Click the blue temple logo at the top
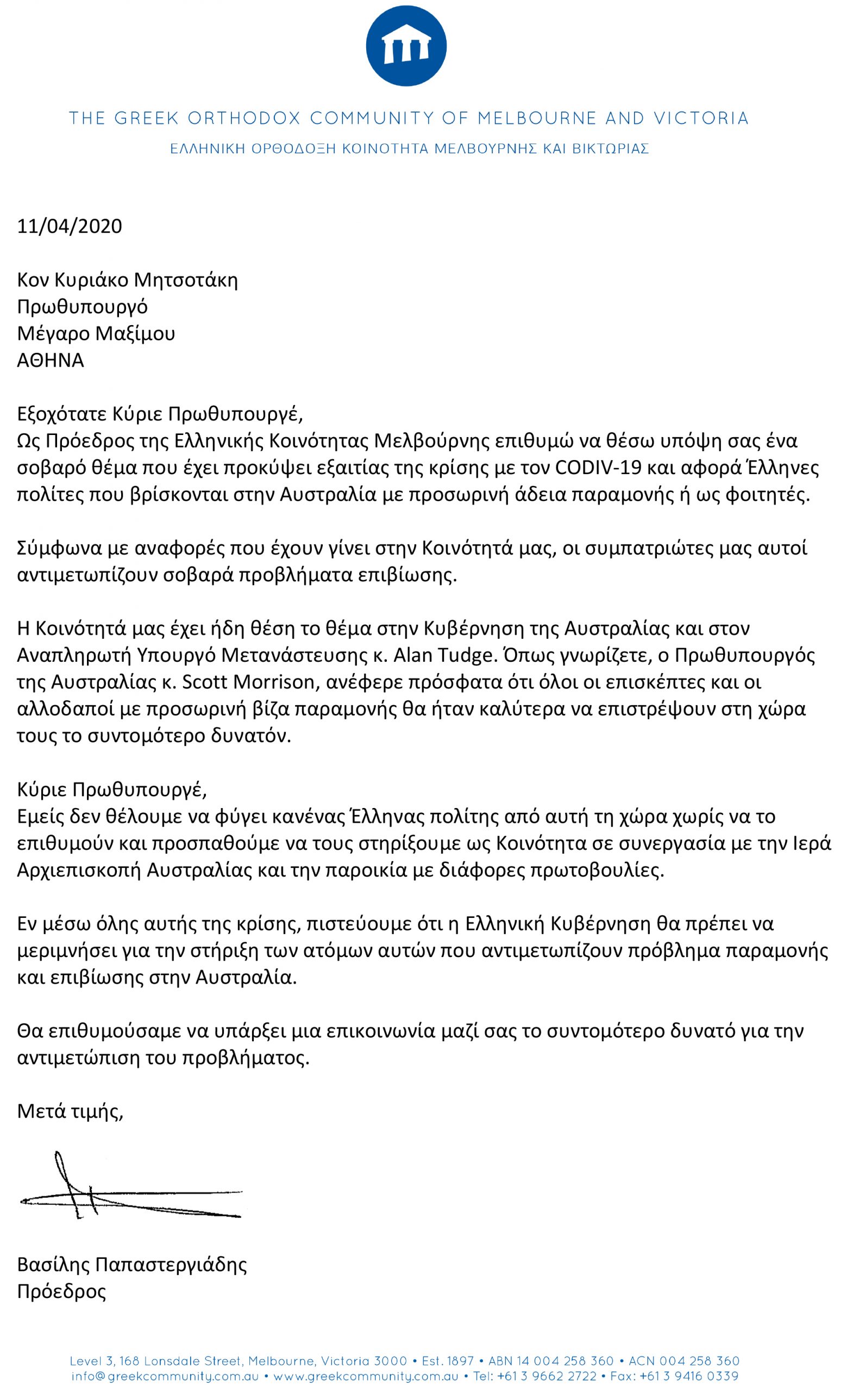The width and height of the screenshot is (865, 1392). click(x=406, y=46)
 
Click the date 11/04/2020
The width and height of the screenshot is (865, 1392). click(x=69, y=226)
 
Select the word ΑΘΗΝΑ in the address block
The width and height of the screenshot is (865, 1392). click(x=51, y=360)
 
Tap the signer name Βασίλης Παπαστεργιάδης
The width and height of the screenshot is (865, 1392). click(x=131, y=1264)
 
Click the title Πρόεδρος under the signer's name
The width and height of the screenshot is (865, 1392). click(x=61, y=1292)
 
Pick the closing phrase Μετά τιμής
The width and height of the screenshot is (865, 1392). click(x=70, y=1111)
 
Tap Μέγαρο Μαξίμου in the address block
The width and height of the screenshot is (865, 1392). click(x=96, y=333)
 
